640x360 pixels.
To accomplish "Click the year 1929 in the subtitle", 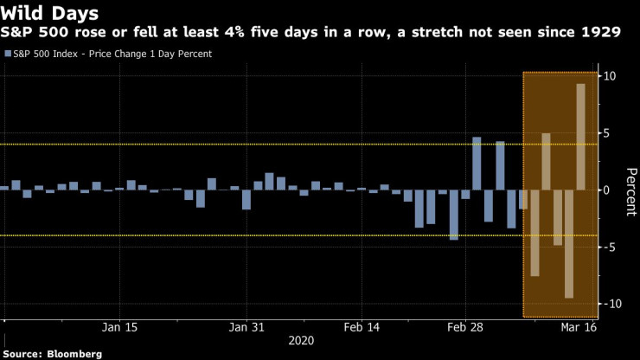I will coord(599,32).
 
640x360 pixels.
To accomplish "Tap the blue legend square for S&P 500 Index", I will coord(8,54).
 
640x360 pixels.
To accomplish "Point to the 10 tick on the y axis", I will coord(609,76).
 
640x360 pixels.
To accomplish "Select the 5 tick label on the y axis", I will coord(609,133).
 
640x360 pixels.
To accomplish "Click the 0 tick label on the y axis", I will coord(609,190).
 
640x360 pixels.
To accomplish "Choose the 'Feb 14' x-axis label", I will coord(362,328).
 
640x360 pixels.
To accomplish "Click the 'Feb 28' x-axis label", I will coord(465,328).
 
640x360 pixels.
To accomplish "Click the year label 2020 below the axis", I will coord(303,342).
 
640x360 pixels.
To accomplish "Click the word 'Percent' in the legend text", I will coord(190,54).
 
